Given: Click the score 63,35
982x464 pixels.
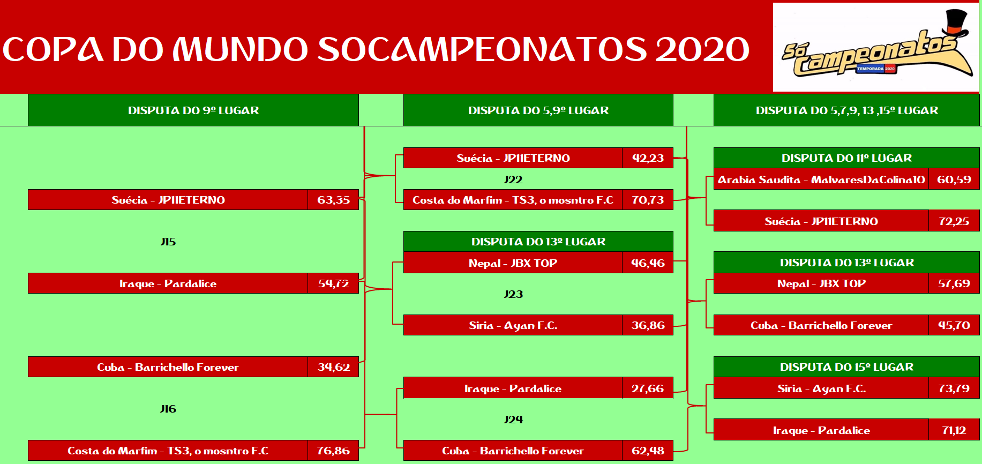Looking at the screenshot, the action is tap(333, 200).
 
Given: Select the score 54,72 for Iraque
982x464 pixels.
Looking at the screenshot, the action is tap(333, 283).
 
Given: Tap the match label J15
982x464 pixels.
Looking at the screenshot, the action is tap(168, 242).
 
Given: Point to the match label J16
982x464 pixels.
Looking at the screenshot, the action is tap(168, 409).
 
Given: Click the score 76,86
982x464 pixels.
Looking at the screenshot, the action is tap(333, 451).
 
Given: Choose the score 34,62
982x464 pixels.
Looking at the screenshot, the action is tap(333, 367).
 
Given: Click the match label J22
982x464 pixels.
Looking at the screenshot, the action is tap(513, 179).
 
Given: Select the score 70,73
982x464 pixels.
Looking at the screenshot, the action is tap(648, 200).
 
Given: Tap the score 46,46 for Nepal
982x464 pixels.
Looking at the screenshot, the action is tap(648, 263).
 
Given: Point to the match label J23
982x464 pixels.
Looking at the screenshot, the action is tap(513, 294).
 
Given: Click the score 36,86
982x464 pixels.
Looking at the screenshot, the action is tap(648, 325).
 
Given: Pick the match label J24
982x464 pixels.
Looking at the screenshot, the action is tap(513, 420).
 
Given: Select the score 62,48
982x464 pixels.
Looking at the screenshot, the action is tap(648, 451).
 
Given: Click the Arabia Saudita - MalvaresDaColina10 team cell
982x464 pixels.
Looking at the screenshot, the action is tap(821, 179).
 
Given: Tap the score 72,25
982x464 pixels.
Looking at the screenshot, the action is tap(954, 221).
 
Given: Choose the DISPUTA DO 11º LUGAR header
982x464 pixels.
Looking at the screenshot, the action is tap(846, 158).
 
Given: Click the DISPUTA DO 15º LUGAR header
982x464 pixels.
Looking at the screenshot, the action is tap(846, 367).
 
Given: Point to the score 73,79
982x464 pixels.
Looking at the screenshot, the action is tap(954, 388).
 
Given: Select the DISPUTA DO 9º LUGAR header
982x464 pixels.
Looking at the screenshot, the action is tap(193, 110).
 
